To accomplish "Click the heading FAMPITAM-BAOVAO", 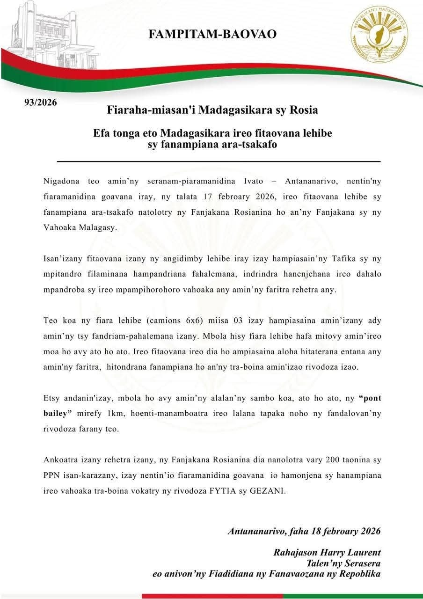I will pyautogui.click(x=212, y=34).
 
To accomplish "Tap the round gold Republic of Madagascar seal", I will pyautogui.click(x=379, y=35).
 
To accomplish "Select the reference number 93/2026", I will pyautogui.click(x=41, y=102).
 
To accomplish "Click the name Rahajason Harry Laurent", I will pyautogui.click(x=327, y=552).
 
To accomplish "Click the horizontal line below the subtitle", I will pyautogui.click(x=219, y=161).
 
